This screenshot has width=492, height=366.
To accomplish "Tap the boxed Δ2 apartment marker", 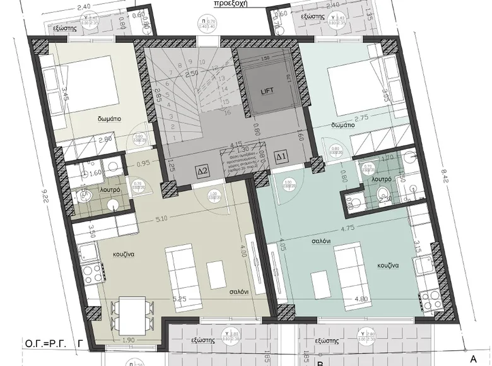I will [x=202, y=170].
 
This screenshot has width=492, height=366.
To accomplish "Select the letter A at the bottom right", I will [x=473, y=358].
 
